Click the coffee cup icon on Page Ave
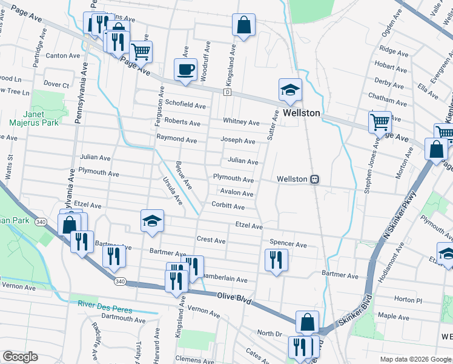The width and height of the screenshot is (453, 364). (x=185, y=69)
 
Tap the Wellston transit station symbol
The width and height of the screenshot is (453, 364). (x=315, y=179)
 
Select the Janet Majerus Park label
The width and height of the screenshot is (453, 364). (x=41, y=118)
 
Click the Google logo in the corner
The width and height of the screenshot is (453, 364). (x=19, y=356)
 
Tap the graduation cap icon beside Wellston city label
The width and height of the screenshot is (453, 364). (x=290, y=89)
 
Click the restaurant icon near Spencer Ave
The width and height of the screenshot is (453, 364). (x=276, y=259)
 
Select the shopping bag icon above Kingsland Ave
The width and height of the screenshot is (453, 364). (x=243, y=25)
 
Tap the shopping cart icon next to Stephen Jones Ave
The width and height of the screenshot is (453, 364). (x=380, y=121)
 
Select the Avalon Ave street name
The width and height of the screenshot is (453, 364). (x=237, y=193)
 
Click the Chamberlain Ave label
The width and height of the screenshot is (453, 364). (x=224, y=279)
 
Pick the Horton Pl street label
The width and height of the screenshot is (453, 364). (x=407, y=300)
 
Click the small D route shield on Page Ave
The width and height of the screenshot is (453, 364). (x=227, y=92)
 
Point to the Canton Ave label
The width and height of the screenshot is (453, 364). (x=63, y=55)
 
